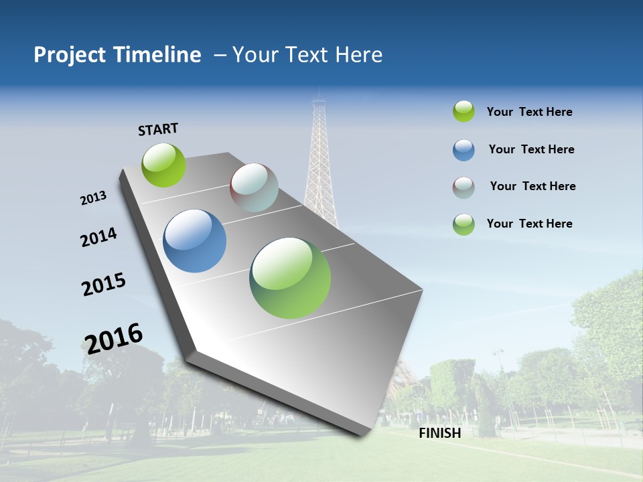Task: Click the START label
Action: pos(158,129)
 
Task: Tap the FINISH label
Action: pos(439,433)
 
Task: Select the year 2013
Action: pos(93,198)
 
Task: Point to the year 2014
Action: pos(98,237)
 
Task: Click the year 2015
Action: pos(103,285)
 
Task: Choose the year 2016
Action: pos(114,338)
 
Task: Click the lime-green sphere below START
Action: pos(163,165)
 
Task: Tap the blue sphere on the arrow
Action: pos(194,241)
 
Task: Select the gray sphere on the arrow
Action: pos(254,187)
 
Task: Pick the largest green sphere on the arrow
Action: pos(290,278)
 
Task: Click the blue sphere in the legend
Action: pos(463,150)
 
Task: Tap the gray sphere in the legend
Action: pos(463,187)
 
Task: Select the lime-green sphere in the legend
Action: pos(463,111)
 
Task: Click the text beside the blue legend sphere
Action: pos(531,149)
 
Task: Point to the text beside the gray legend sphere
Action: pos(532,186)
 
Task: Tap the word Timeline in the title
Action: pos(158,55)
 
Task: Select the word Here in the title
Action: pos(359,55)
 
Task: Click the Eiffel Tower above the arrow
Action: pos(320,161)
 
